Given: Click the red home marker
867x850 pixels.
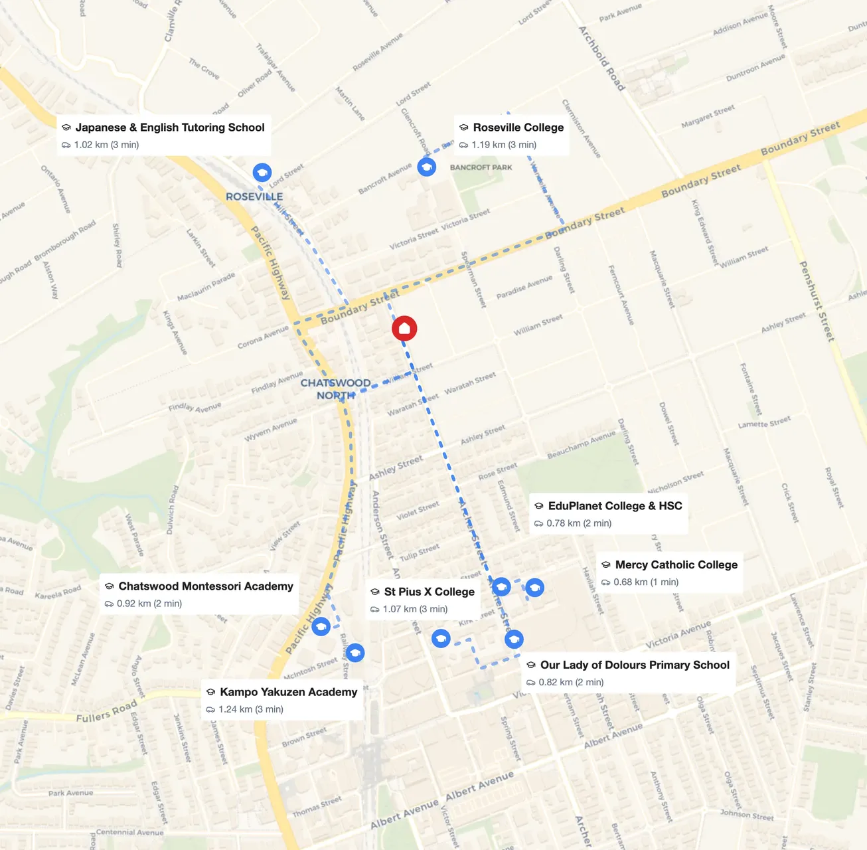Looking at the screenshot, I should (x=404, y=328).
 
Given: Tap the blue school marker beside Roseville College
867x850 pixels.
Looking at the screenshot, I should (x=427, y=167).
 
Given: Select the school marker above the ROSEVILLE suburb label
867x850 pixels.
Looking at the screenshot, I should (x=262, y=173).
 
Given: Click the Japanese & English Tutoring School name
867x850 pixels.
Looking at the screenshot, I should (x=169, y=127).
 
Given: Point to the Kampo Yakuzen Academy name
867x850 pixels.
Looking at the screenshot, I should (x=288, y=692).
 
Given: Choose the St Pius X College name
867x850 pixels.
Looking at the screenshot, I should (x=429, y=592).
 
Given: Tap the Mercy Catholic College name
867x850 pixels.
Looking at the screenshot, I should (x=676, y=564).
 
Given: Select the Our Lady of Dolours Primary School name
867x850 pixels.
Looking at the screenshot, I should (x=634, y=665).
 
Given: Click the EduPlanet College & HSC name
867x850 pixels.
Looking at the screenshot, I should (x=615, y=506).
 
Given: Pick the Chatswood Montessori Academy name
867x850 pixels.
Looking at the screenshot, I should (x=205, y=586).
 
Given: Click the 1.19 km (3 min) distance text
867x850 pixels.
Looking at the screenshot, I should (x=504, y=145).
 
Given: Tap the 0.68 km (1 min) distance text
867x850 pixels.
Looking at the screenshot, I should (x=645, y=582).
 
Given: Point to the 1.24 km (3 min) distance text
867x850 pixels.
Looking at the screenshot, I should (x=250, y=709).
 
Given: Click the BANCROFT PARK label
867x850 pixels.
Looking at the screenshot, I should (x=481, y=167).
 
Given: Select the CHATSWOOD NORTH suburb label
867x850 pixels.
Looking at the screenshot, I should (x=335, y=389).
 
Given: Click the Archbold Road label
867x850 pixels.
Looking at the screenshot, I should (x=601, y=58).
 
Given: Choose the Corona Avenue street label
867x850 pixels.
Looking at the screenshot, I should (x=263, y=337).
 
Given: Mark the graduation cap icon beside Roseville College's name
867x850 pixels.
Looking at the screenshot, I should (x=464, y=127).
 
